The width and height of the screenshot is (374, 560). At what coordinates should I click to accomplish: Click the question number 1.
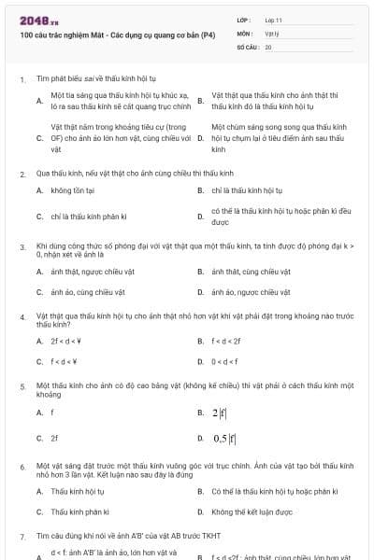pyautogui.click(x=22, y=80)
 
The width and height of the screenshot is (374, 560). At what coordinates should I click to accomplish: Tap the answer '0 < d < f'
pyautogui.click(x=225, y=361)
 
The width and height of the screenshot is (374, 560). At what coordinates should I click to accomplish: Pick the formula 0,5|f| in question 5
pyautogui.click(x=224, y=438)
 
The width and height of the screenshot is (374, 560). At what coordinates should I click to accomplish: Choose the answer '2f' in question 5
pyautogui.click(x=54, y=438)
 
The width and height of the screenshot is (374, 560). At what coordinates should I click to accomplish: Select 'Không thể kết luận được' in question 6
pyautogui.click(x=252, y=511)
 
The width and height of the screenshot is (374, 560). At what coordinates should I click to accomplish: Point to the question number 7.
pyautogui.click(x=22, y=537)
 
